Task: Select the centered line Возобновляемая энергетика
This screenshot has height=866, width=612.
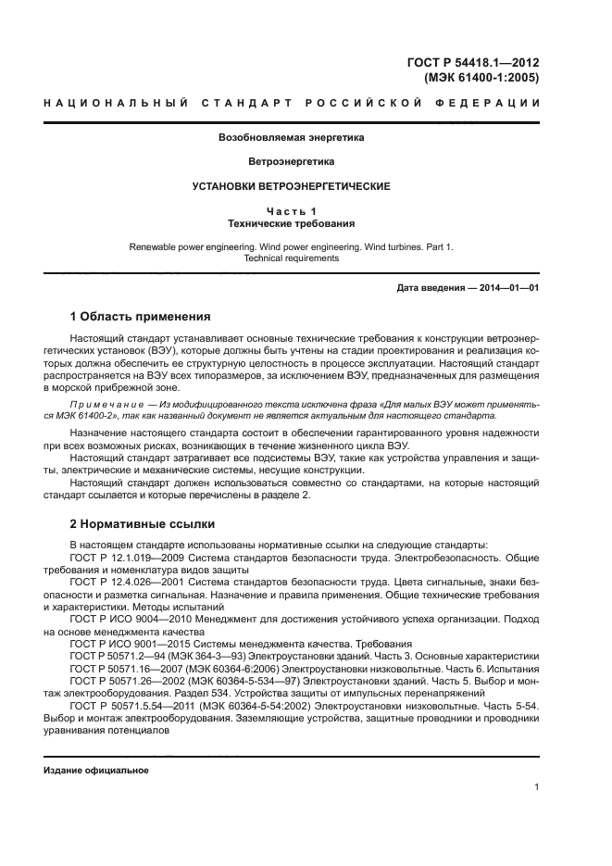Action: (291, 137)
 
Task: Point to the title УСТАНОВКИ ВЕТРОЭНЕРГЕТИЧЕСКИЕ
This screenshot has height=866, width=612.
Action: (291, 186)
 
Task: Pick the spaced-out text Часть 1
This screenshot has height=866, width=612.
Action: (291, 212)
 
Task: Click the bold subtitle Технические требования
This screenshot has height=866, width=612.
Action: (291, 224)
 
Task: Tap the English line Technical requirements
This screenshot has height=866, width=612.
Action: (291, 259)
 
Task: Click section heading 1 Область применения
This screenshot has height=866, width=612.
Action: (140, 317)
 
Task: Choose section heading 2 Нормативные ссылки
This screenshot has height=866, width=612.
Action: (136, 524)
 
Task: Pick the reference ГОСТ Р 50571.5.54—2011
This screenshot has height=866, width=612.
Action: (132, 704)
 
